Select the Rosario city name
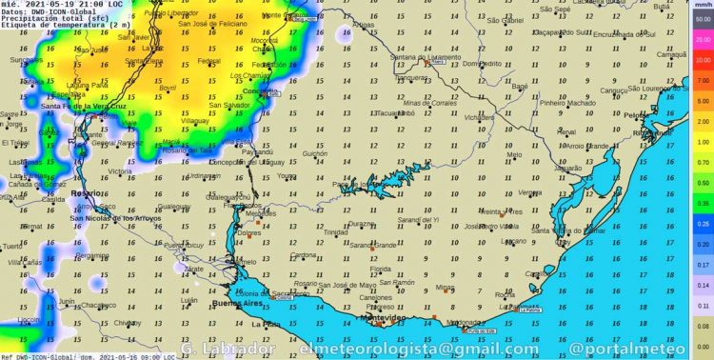coord(85,193)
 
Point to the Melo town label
coord(514,154)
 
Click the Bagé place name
coord(520,87)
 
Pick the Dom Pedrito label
coord(482,64)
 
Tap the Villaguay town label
coord(195,122)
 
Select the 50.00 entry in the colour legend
coord(703,19)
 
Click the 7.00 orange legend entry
coord(703,80)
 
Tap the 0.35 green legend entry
coord(703,203)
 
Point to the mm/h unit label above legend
coord(703,6)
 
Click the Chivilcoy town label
coord(126,323)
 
